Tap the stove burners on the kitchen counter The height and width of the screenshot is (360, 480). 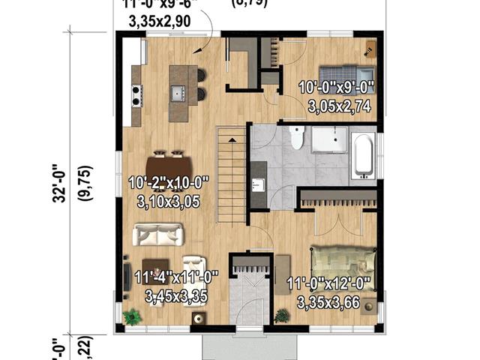pos(137,94)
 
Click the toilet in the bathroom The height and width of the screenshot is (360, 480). pos(297,139)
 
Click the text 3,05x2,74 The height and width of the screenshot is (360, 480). pos(339,106)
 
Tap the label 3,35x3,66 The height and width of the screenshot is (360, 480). pos(329,302)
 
